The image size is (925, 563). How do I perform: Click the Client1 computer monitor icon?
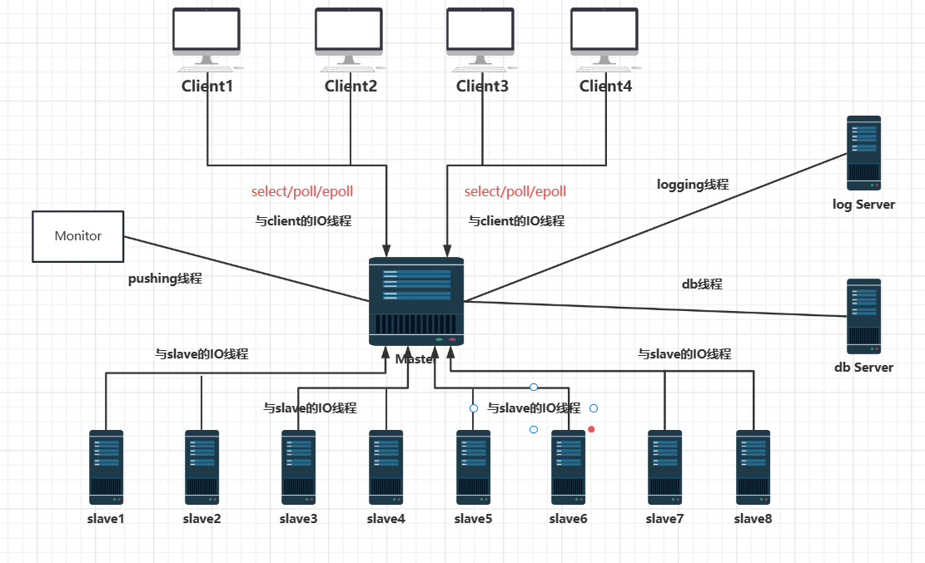(206, 35)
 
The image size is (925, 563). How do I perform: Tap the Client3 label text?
(482, 86)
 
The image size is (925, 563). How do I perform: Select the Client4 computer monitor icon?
(604, 35)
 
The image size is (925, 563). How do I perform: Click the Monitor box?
(77, 236)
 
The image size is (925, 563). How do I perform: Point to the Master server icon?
(416, 301)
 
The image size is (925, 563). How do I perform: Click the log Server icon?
(863, 152)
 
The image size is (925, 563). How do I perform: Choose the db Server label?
(863, 368)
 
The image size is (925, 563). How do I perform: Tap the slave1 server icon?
(106, 467)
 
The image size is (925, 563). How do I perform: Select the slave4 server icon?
(386, 467)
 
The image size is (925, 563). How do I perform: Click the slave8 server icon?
(753, 467)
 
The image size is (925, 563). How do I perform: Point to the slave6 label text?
(569, 520)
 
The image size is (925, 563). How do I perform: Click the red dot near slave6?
(591, 429)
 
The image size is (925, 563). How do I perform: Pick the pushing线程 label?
(165, 279)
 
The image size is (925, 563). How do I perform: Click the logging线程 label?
(693, 185)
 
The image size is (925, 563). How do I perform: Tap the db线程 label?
(702, 284)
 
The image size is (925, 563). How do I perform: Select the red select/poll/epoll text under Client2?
(302, 192)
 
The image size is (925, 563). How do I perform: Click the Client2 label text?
(351, 86)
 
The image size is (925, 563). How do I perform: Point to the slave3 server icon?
(298, 467)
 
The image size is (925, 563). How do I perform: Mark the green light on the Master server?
(439, 339)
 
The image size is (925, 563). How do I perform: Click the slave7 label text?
(664, 520)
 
